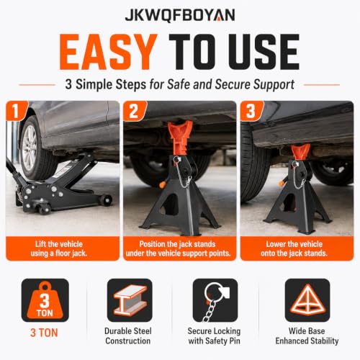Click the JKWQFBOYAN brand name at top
tap(180, 15)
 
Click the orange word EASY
tap(109, 52)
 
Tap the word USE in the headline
tap(265, 52)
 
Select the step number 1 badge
tap(17, 110)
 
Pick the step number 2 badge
tap(134, 111)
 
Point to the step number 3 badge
tap(251, 111)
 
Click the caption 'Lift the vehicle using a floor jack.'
tap(59, 248)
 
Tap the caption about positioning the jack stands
tap(178, 248)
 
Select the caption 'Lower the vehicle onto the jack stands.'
tap(294, 248)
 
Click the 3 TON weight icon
tap(45, 300)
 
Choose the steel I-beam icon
tap(130, 300)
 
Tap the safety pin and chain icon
tap(215, 300)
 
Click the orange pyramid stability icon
tap(307, 300)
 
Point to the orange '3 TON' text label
tap(44, 333)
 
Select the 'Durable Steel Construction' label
tap(128, 336)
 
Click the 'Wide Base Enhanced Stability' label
tap(307, 336)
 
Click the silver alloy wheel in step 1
tap(29, 148)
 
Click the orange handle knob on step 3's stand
tap(281, 184)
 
